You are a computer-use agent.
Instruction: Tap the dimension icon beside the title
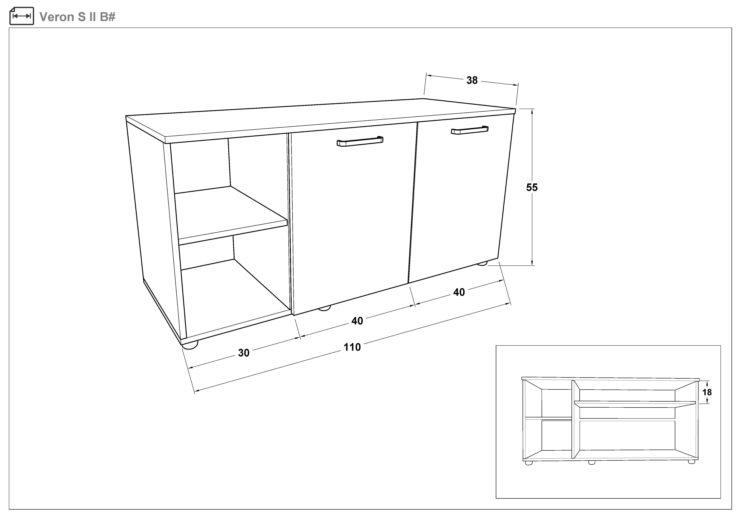(22, 16)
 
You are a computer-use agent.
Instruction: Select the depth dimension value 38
(472, 80)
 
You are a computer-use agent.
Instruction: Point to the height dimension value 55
(532, 187)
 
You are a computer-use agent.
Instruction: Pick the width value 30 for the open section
(244, 353)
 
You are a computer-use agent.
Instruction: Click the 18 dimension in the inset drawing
(707, 392)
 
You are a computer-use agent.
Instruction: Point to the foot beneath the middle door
(324, 308)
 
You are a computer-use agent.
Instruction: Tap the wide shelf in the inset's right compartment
(634, 403)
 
